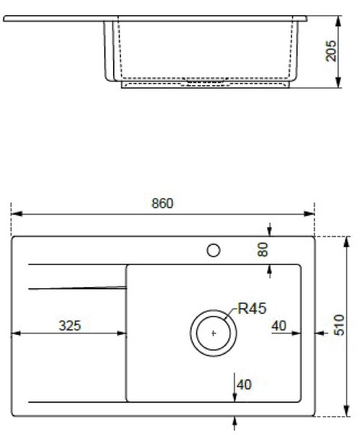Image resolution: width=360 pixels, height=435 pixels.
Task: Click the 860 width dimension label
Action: [x=162, y=203]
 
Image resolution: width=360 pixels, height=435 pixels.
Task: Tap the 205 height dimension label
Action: [x=331, y=51]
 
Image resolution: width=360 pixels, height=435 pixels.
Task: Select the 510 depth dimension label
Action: [x=339, y=325]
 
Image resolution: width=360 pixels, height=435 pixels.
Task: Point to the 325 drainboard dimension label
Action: [x=70, y=326]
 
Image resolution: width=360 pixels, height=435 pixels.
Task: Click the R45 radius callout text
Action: [x=252, y=308]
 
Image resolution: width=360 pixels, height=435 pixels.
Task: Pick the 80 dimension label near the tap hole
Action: [x=263, y=249]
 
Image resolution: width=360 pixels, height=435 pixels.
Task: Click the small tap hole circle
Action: [x=214, y=251]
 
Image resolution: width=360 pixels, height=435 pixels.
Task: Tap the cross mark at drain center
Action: [x=214, y=333]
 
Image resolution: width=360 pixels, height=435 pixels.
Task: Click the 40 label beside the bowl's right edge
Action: [x=279, y=326]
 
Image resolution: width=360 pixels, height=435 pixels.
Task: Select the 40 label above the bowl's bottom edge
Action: [x=244, y=384]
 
